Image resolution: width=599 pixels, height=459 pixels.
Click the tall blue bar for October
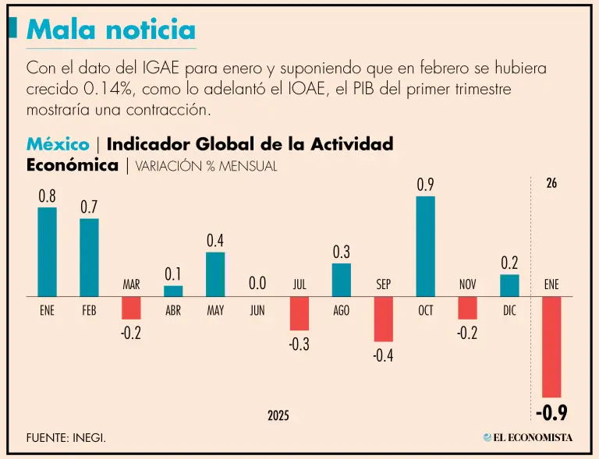point(425,246)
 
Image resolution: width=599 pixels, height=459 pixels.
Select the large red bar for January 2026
point(551,347)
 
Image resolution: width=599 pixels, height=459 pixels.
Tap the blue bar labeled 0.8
point(48,252)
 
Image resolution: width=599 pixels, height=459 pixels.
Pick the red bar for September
point(383,319)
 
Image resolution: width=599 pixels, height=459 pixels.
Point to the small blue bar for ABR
point(173,291)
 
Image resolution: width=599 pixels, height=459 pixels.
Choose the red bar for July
point(299,313)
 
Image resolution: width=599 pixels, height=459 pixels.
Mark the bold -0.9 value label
point(551,412)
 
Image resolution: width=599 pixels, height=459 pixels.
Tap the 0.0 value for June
point(257,284)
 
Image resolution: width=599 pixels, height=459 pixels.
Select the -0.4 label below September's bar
point(383,355)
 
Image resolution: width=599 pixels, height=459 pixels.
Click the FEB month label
point(89,310)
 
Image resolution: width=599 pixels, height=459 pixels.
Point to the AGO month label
point(341,310)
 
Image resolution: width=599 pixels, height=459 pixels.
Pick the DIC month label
point(509,310)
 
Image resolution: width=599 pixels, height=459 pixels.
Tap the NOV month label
point(467,284)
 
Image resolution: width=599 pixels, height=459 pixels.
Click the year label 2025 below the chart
point(278,416)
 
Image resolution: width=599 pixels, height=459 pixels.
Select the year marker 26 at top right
point(551,184)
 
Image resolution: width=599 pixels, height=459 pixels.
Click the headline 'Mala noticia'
point(111,30)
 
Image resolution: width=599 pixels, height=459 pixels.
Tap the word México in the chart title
point(58,144)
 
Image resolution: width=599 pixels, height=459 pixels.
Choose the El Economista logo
point(527,437)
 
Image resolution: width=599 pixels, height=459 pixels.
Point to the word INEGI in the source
point(89,438)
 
